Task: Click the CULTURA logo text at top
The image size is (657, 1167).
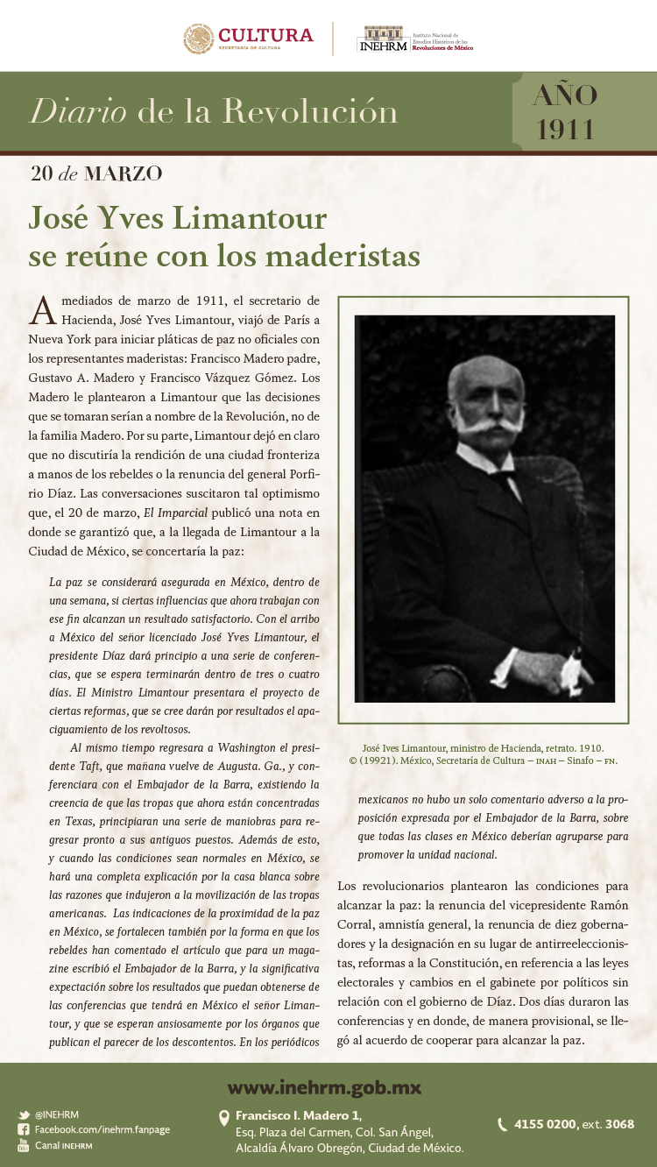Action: coord(265,35)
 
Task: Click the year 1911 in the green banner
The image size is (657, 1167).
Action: coord(566,129)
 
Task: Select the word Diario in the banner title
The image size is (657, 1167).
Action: coord(78,111)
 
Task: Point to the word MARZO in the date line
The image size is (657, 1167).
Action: coord(123,173)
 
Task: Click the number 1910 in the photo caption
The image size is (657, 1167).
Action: coord(588,748)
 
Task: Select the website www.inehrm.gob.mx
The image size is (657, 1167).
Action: coord(324,1088)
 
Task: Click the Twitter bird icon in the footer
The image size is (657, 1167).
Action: coord(24,1115)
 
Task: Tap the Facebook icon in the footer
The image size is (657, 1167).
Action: coord(24,1130)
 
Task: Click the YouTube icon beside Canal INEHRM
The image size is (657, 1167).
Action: coord(24,1145)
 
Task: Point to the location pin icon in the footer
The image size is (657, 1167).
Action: coord(224,1117)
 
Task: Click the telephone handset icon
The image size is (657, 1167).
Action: coord(502,1124)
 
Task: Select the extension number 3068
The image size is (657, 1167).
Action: coord(618,1124)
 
